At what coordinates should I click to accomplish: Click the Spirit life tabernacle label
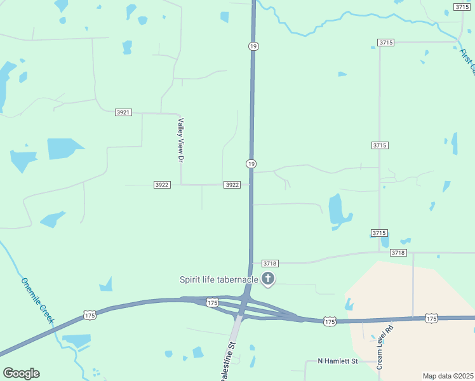(x=219, y=279)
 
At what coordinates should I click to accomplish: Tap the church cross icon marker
(x=268, y=278)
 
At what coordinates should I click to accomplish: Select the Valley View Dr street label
(x=180, y=141)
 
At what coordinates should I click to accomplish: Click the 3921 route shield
(x=123, y=112)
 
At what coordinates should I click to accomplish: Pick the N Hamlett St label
(x=338, y=361)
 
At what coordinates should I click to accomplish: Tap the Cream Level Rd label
(x=385, y=347)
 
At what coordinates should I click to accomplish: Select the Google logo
(x=21, y=373)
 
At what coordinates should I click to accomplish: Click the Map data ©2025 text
(x=447, y=376)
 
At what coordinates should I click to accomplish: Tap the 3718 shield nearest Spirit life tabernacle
(x=270, y=263)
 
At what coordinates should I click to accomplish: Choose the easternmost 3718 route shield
(x=398, y=253)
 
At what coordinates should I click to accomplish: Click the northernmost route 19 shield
(x=253, y=46)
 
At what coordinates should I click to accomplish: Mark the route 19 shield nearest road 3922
(x=251, y=164)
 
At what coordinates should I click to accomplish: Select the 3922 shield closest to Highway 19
(x=232, y=185)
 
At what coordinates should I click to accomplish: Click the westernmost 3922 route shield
(x=162, y=185)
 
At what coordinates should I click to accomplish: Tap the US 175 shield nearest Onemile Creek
(x=90, y=315)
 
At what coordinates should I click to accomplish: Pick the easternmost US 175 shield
(x=431, y=317)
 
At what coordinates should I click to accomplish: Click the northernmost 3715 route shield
(x=462, y=6)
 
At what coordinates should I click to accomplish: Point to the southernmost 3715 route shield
(x=380, y=234)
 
